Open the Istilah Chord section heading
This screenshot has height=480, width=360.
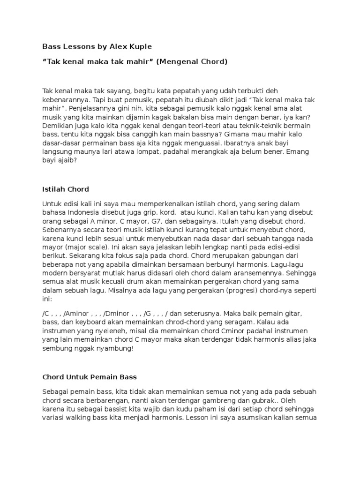[65, 189]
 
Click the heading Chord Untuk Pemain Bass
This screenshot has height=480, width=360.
[89, 377]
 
